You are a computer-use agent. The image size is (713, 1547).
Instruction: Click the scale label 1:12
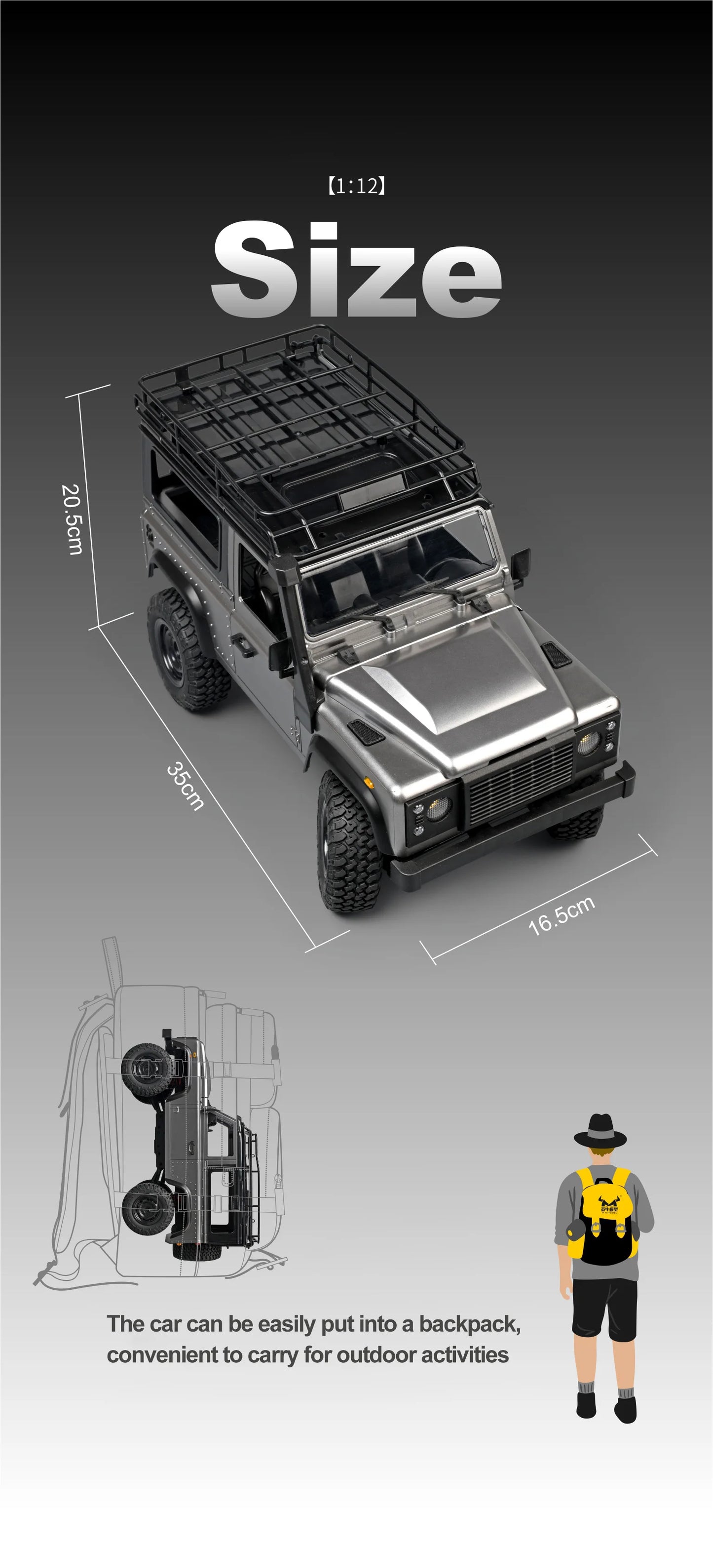(x=356, y=186)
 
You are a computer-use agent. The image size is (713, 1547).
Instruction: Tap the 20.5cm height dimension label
(x=73, y=519)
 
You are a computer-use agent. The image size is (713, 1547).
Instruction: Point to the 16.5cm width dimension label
(x=561, y=915)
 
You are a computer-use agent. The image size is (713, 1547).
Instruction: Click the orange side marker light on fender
(x=370, y=783)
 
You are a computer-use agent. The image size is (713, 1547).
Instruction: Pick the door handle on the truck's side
(x=242, y=642)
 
